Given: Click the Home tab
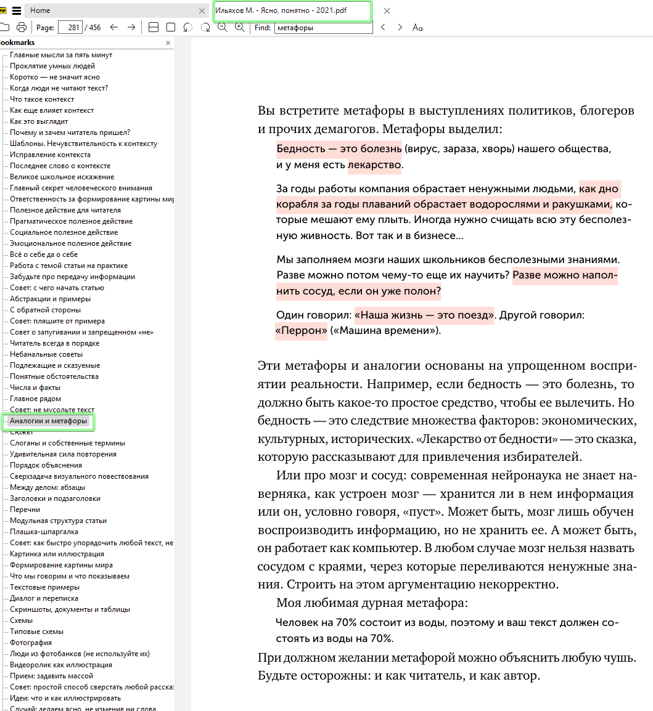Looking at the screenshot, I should (40, 10).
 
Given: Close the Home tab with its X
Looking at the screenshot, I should (202, 11).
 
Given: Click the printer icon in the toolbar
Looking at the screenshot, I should (22, 27).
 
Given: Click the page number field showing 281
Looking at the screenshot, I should (70, 27).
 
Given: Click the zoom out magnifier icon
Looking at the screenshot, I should (222, 27).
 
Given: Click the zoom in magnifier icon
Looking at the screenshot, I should (239, 27).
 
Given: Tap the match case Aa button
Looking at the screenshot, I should (417, 27).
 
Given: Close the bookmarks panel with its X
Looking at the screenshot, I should (168, 43).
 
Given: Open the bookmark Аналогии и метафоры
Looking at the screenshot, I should (48, 421).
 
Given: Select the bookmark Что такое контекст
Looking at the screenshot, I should (42, 99).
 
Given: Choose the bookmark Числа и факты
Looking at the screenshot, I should (35, 388).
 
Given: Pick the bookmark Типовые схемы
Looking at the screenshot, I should (36, 632).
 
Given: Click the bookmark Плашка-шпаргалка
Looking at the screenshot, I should (44, 532).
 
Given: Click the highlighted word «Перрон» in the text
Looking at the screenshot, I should (302, 331).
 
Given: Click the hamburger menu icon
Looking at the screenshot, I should (17, 10).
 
